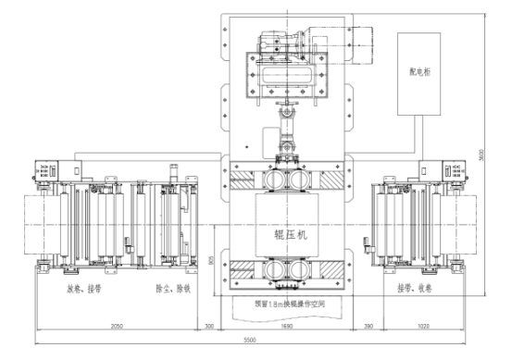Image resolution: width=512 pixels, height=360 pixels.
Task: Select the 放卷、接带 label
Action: pos(83,288)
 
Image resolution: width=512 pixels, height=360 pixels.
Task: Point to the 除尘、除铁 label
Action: pos(172,288)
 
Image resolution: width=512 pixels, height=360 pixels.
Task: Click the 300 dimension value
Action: pos(208,327)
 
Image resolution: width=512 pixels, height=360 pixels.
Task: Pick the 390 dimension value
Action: pos(368,327)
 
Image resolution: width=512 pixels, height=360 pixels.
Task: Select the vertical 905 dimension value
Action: pos(212,261)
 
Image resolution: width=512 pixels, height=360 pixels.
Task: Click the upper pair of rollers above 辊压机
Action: pos(286,180)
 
